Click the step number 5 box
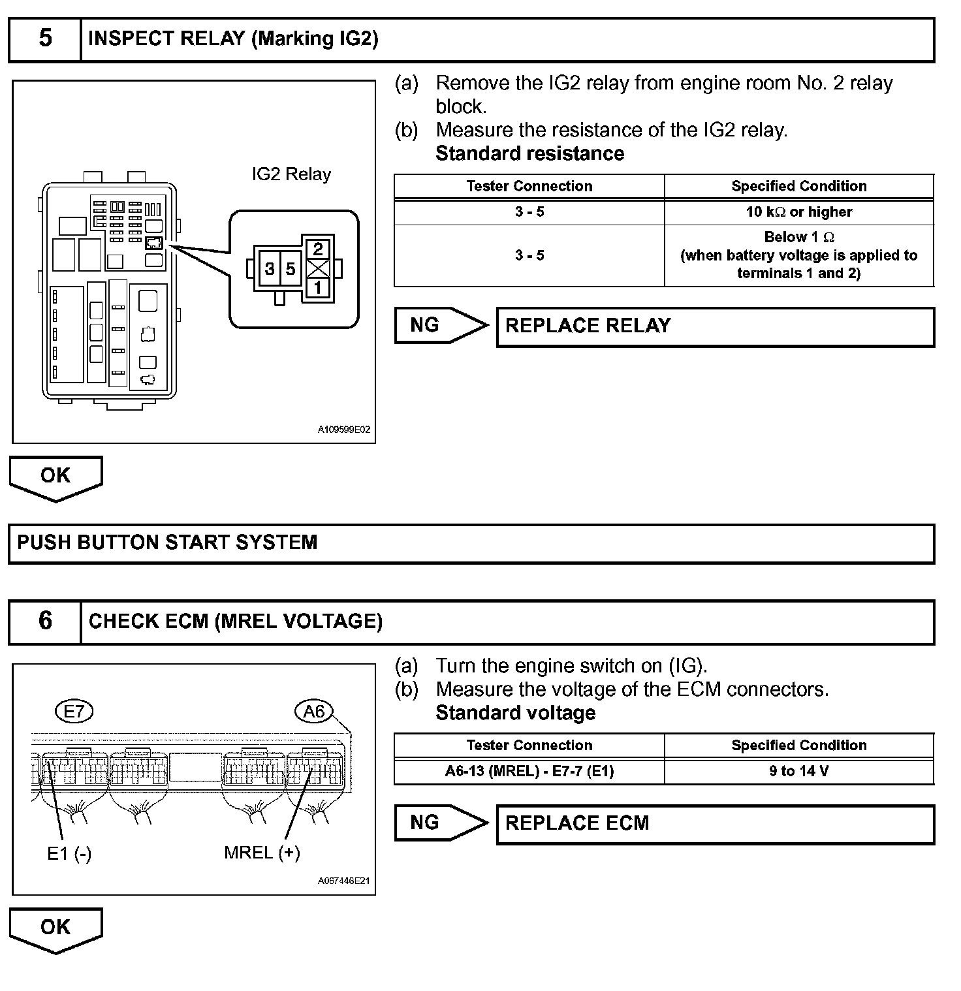point(45,39)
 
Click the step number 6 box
point(45,621)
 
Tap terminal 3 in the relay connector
point(270,268)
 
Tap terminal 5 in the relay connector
point(291,268)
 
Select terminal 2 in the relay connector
point(318,249)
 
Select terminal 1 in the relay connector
point(318,287)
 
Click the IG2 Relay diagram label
point(291,174)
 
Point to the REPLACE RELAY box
point(715,326)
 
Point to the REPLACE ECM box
point(715,824)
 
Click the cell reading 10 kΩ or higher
point(799,212)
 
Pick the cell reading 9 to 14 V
point(799,771)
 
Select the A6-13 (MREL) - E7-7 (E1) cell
point(529,771)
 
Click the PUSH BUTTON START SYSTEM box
point(471,543)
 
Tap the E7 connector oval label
point(74,711)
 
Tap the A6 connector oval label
point(314,711)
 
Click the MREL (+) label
point(262,853)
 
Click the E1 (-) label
point(69,853)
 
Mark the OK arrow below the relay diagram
point(55,477)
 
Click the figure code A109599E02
point(344,430)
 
